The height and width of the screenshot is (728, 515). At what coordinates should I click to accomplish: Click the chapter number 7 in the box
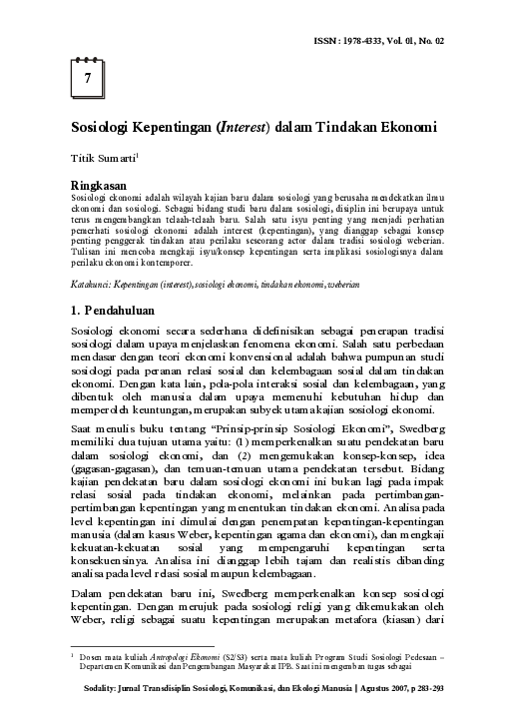pyautogui.click(x=88, y=76)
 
